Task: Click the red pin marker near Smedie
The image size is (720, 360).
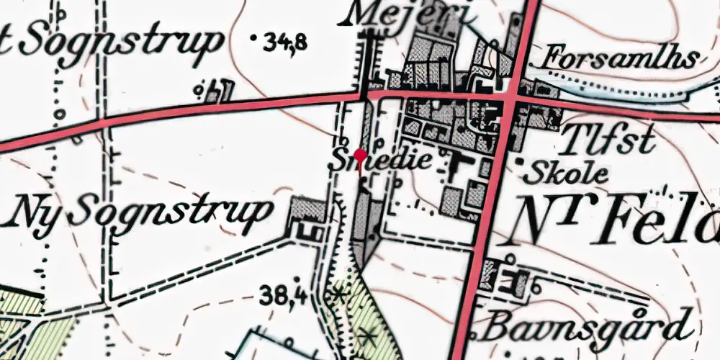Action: (360, 154)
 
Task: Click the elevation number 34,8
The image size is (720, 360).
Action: (285, 43)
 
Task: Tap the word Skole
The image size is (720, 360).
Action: (569, 173)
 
